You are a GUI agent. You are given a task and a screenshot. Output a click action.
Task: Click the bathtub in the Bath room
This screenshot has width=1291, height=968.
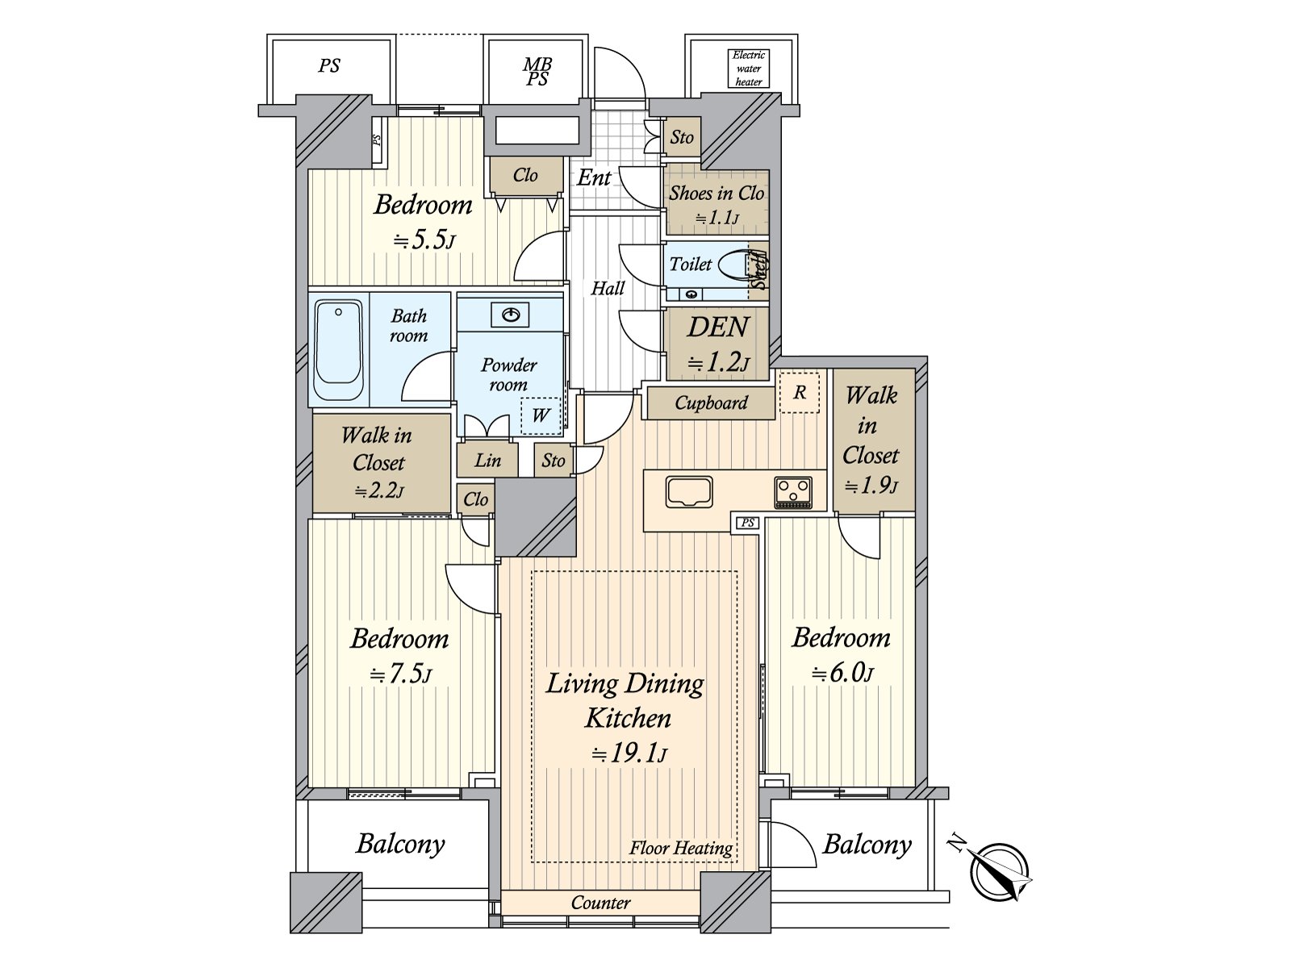338,350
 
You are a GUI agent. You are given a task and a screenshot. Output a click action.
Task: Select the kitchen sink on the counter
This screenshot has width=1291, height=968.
689,491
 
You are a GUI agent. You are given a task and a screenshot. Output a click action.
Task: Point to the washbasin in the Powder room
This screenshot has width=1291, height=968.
510,314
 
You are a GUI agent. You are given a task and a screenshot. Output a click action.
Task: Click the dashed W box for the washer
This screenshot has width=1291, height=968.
540,415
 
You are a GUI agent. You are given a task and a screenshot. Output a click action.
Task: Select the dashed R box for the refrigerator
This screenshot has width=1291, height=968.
800,393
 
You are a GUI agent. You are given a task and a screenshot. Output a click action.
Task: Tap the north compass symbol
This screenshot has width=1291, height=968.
1001,872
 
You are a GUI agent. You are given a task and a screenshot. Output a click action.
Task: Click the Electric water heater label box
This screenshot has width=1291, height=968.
748,69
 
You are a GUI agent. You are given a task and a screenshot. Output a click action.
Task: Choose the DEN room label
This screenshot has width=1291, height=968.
717,328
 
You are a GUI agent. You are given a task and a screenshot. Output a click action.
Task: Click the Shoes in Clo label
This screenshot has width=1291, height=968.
716,194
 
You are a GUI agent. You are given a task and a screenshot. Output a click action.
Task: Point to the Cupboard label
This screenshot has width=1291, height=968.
711,403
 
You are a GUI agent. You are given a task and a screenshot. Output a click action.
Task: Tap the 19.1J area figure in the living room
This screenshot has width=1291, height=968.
629,754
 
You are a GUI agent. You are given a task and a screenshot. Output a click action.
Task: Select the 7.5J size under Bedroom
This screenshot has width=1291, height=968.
401,674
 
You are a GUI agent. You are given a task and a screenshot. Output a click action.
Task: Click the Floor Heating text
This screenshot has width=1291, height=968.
681,848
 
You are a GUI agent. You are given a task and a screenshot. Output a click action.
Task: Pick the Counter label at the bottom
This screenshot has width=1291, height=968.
600,903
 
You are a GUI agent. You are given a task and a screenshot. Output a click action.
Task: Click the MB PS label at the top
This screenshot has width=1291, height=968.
537,71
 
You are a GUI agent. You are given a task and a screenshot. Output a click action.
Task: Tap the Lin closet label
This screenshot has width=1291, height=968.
487,460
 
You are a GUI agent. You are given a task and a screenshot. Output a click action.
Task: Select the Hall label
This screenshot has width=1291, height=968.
608,288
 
